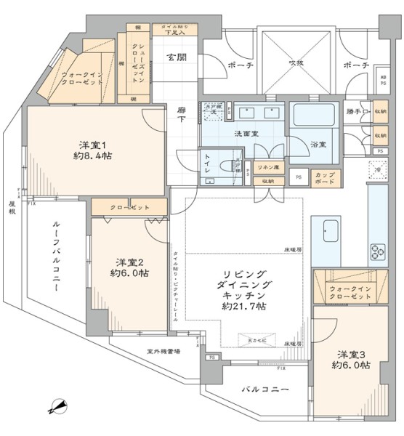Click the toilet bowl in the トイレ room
[x=226, y=165]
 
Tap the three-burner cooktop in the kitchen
[x=378, y=251]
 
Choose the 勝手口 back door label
[x=357, y=111]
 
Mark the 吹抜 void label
[x=295, y=62]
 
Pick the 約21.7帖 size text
[x=242, y=307]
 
